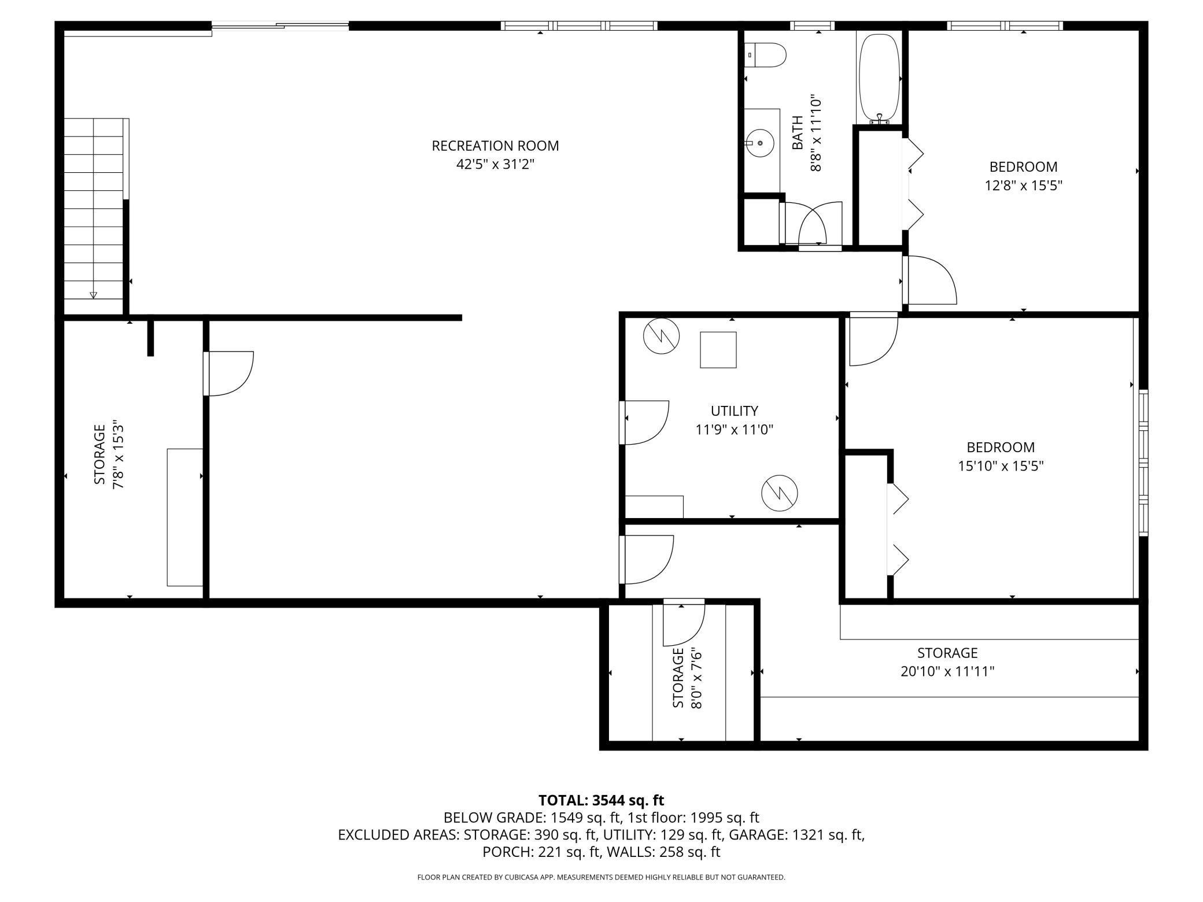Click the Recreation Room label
(495, 146)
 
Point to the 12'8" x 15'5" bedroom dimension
(1024, 186)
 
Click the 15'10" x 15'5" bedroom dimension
(1001, 466)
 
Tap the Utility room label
(735, 411)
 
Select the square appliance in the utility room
(718, 350)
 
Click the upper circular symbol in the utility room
(662, 337)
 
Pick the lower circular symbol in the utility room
(780, 493)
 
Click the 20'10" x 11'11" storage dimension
(947, 671)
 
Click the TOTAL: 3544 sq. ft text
(601, 801)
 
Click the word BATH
(798, 133)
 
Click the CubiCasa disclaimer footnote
(601, 877)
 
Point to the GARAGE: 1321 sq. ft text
(796, 835)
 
